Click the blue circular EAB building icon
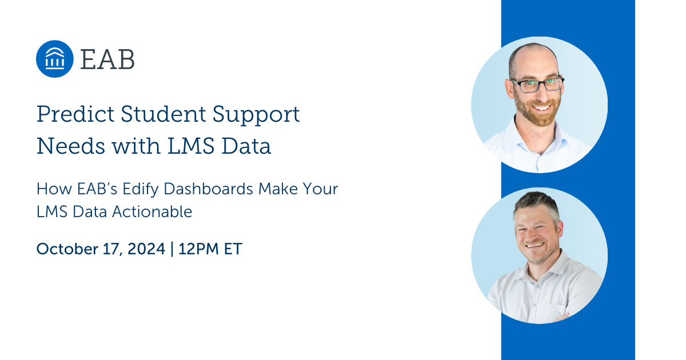54,59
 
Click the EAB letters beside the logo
107,59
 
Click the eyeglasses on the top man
536,85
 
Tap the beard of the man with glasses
537,114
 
